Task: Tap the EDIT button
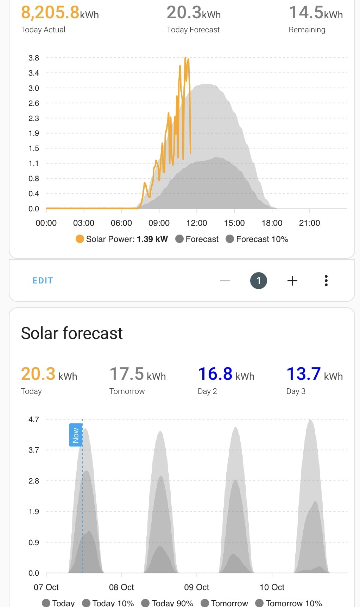click(43, 281)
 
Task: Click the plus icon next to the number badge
click(292, 281)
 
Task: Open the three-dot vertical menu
click(326, 281)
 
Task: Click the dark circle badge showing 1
click(259, 281)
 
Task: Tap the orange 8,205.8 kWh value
click(60, 13)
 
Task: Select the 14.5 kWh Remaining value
click(316, 13)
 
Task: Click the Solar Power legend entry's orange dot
click(80, 239)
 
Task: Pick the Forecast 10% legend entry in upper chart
click(257, 239)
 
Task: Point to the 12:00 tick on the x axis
click(197, 223)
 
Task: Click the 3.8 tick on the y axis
click(34, 58)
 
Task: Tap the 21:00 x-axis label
click(310, 223)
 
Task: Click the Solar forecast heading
click(72, 333)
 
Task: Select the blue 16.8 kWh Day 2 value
click(226, 374)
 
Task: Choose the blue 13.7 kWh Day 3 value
click(315, 374)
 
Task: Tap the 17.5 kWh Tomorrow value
click(138, 374)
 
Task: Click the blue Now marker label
click(76, 435)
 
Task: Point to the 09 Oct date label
click(197, 587)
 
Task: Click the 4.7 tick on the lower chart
click(34, 420)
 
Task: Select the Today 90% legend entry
click(167, 603)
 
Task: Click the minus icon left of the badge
click(225, 281)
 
